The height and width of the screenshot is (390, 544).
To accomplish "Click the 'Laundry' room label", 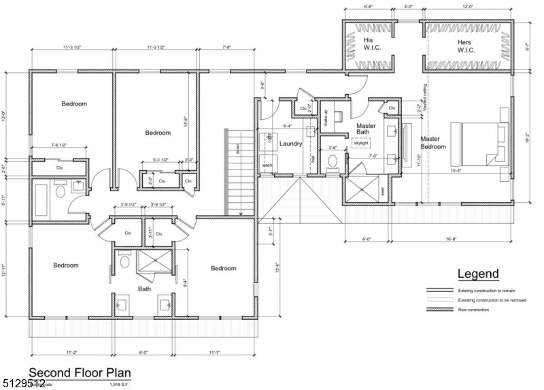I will point(290,144).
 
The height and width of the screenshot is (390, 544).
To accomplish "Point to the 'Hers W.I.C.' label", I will point(466,46).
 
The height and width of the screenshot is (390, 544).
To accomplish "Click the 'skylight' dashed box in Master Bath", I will point(360,144).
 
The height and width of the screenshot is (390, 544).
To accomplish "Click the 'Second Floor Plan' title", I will point(79,373).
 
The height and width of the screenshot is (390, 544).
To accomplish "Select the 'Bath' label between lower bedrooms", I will point(144,289).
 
